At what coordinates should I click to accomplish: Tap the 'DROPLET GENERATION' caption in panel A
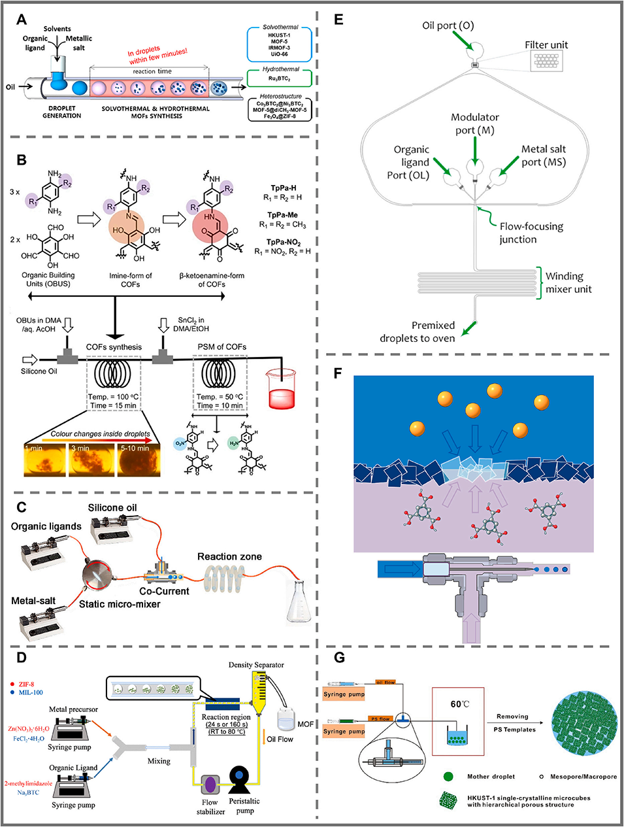pyautogui.click(x=62, y=112)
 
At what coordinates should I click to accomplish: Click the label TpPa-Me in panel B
pyautogui.click(x=283, y=215)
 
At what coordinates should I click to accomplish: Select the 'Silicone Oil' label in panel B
pyautogui.click(x=39, y=371)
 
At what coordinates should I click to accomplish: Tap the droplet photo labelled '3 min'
pyautogui.click(x=91, y=459)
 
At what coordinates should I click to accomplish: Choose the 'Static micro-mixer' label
pyautogui.click(x=120, y=604)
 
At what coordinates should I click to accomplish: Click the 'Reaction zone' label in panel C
pyautogui.click(x=229, y=556)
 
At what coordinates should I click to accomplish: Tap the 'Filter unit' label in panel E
pyautogui.click(x=546, y=44)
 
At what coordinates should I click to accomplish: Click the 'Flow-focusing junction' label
pyautogui.click(x=531, y=233)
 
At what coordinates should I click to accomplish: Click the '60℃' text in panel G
pyautogui.click(x=460, y=704)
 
